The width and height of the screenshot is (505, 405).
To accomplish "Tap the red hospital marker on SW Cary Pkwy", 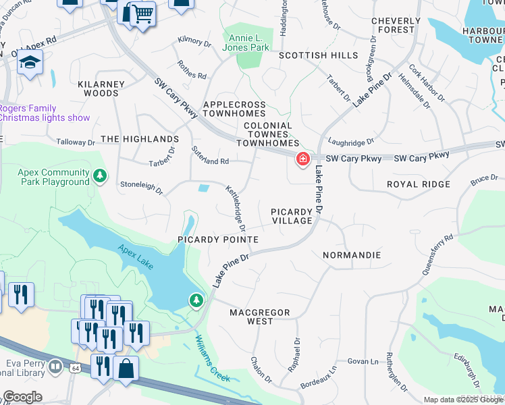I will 302,159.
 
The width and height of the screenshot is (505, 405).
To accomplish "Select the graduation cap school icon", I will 30,64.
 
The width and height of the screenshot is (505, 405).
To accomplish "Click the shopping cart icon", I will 142,13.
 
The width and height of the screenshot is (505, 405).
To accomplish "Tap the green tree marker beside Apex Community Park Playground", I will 100,176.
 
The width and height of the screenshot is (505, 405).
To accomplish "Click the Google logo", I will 22,396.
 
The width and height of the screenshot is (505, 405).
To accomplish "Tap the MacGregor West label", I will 260,317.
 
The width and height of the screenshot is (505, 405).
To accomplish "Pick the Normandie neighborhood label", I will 351,255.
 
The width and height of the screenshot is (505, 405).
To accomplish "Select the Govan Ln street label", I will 363,361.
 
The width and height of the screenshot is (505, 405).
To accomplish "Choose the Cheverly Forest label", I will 402,25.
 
